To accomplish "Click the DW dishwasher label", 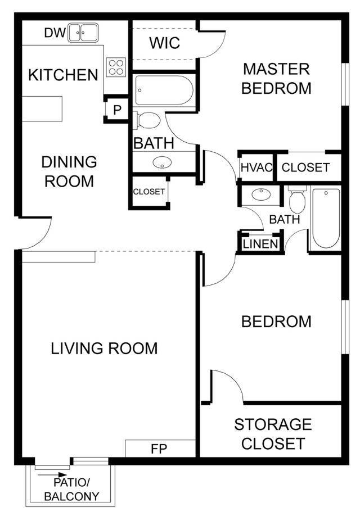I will (x=54, y=33).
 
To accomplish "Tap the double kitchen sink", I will (x=83, y=33).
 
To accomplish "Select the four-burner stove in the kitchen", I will (x=116, y=67).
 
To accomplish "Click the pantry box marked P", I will (x=117, y=110).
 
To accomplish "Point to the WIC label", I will (x=165, y=43).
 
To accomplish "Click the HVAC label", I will (x=256, y=168).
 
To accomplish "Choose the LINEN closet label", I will (x=260, y=244).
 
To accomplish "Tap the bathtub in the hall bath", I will (x=326, y=218).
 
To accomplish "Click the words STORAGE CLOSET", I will (x=273, y=433).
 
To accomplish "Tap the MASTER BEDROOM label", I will (x=276, y=79).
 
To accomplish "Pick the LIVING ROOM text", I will (x=104, y=348).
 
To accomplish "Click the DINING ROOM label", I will (x=69, y=171).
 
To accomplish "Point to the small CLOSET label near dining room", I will (x=149, y=192).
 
